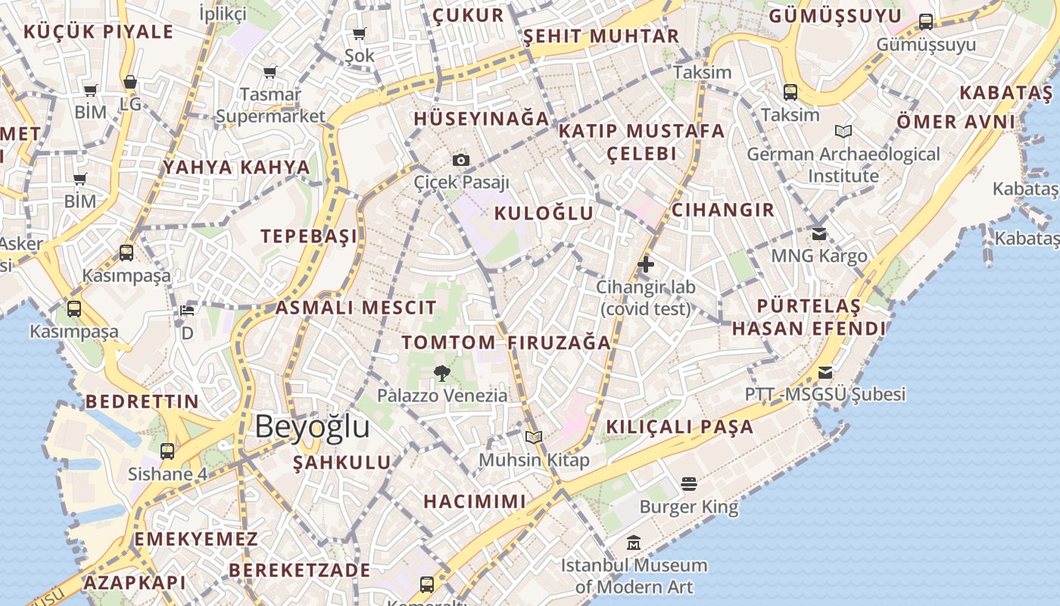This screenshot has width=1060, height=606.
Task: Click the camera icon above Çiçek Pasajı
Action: pyautogui.click(x=461, y=160)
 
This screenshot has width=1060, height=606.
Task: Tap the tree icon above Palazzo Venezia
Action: pyautogui.click(x=442, y=373)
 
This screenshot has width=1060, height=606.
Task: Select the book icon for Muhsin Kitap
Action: pyautogui.click(x=534, y=437)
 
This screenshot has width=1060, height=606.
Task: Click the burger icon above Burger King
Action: pyautogui.click(x=688, y=483)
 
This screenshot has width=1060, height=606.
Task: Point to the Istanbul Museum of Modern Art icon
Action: pyautogui.click(x=634, y=542)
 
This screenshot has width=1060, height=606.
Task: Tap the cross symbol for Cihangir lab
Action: pyautogui.click(x=646, y=264)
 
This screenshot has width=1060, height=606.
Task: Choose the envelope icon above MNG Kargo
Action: pyautogui.click(x=818, y=233)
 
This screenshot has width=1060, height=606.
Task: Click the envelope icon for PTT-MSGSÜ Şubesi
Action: pyautogui.click(x=825, y=373)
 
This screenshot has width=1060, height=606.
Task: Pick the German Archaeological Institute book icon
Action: pyautogui.click(x=843, y=132)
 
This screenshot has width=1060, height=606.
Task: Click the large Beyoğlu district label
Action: pyautogui.click(x=312, y=427)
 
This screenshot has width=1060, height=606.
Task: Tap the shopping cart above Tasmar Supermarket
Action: pyautogui.click(x=270, y=73)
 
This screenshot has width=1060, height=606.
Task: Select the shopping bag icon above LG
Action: pyautogui.click(x=130, y=82)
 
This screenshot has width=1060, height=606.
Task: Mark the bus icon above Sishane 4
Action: pyautogui.click(x=167, y=451)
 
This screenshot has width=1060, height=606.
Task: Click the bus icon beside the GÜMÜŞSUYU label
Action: pyautogui.click(x=925, y=22)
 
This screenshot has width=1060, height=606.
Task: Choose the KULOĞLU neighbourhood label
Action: pyautogui.click(x=544, y=214)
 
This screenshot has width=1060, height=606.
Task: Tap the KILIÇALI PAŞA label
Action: pyautogui.click(x=679, y=426)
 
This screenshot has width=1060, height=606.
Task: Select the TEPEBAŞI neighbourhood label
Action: pyautogui.click(x=309, y=236)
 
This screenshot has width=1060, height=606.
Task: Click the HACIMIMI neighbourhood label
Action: pyautogui.click(x=474, y=501)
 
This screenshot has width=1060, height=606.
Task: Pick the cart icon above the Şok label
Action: pyautogui.click(x=359, y=33)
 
